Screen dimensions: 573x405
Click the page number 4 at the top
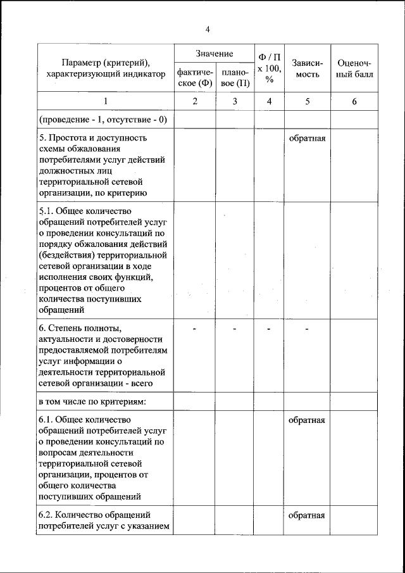[x=207, y=28]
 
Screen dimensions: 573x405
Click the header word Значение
[x=215, y=54]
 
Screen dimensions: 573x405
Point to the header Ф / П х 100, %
[x=270, y=67]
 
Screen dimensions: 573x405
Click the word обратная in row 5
[x=307, y=138]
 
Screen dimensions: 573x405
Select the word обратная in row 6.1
[x=307, y=420]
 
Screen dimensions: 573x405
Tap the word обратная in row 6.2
[x=307, y=515]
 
